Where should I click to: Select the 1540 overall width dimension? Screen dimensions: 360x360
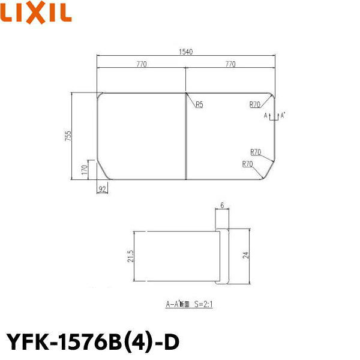point(186,52)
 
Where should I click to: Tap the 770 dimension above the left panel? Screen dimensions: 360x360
point(142,64)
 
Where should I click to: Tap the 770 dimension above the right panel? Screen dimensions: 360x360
point(230,64)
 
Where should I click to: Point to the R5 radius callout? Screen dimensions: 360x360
point(199,104)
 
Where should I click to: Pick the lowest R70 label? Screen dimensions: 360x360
point(247,164)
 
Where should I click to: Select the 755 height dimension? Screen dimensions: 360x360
point(69,136)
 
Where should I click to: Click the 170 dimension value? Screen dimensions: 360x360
point(85,169)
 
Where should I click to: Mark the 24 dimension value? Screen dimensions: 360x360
point(245,255)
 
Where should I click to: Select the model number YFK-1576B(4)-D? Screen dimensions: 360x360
point(92,341)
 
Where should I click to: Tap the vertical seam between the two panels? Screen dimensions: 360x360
point(185,136)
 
